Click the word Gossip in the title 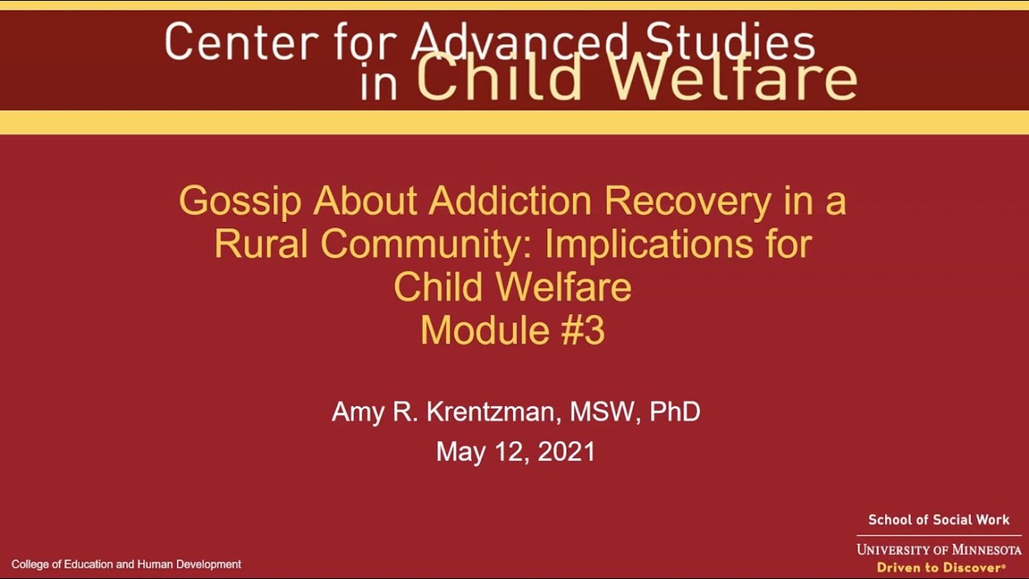click(240, 201)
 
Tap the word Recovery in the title click(687, 201)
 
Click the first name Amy click(354, 412)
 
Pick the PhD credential click(675, 412)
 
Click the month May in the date click(461, 452)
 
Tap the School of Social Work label click(938, 520)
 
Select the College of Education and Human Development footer click(126, 565)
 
